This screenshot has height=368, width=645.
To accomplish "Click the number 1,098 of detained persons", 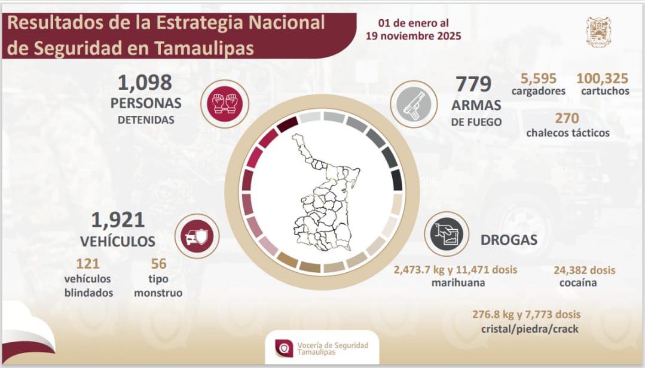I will point(146,82).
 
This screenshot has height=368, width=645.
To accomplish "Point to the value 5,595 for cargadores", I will point(538,78).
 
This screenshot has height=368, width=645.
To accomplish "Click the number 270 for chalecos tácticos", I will point(567,118).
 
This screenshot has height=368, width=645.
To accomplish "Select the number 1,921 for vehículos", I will point(118,220).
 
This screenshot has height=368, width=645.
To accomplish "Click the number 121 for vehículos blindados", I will point(87,264).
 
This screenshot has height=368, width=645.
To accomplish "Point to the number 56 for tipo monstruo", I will point(158,264).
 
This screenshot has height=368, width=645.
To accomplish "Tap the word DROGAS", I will point(509,240).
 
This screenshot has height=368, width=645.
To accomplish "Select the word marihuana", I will point(458,282).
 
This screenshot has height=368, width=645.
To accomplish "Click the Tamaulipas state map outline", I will point(323,191).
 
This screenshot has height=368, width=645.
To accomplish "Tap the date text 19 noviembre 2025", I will point(413,36).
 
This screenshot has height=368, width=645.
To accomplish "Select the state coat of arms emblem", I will point(598,32).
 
